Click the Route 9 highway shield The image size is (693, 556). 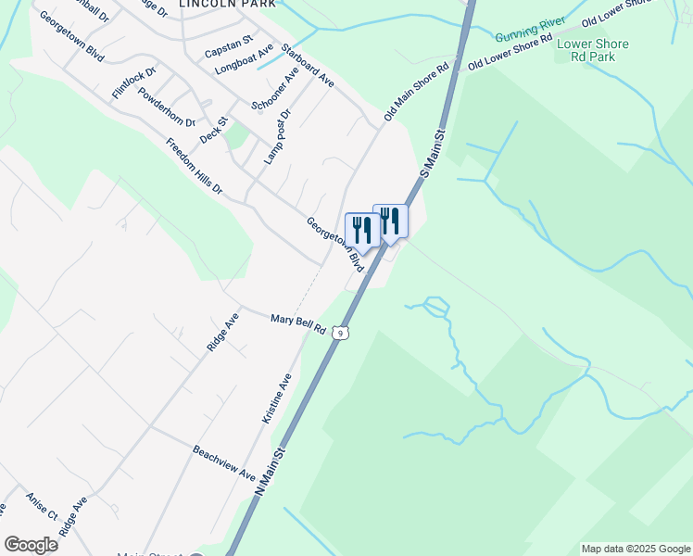[342, 332]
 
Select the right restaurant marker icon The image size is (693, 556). [390, 221]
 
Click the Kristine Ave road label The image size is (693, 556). [276, 398]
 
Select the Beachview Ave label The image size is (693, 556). [223, 462]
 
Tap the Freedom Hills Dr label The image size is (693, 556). [195, 167]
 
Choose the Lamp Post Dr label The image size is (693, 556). [276, 136]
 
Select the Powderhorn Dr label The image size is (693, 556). [167, 108]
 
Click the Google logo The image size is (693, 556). [31, 545]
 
